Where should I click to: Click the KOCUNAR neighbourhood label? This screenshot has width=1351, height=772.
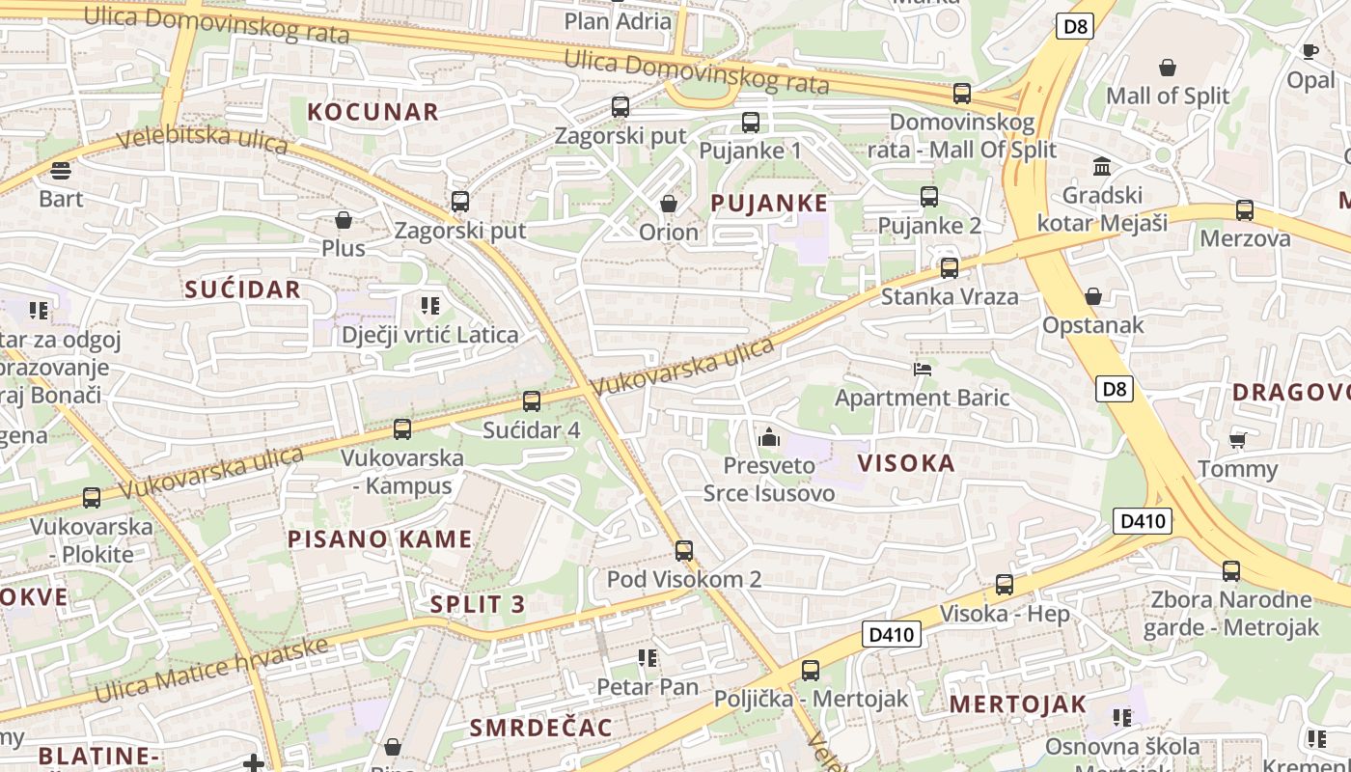372,111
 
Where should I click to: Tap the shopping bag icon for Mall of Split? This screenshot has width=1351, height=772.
1168,68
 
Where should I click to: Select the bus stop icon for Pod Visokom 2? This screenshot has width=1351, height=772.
684,551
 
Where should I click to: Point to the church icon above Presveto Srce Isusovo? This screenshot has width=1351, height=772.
769,437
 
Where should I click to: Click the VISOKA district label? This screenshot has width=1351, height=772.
906,463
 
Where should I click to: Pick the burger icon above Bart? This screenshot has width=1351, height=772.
61,171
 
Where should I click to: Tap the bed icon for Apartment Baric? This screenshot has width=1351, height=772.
923,369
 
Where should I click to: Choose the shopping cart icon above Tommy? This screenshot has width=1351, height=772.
1237,441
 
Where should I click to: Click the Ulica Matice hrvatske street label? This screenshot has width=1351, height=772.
212,669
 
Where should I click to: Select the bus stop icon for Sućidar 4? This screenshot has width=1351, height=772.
532,401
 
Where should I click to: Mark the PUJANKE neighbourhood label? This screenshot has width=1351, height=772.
769,203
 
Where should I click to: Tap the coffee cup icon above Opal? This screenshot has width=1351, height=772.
1310,51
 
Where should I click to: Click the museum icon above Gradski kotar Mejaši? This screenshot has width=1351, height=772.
1102,166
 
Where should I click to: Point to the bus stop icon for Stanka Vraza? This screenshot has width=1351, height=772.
950,268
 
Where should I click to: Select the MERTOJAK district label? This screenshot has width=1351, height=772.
1017,704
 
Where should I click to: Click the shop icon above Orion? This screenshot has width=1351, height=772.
668,204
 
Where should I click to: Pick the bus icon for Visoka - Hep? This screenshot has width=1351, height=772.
1005,585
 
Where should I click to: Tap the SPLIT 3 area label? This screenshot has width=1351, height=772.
478,605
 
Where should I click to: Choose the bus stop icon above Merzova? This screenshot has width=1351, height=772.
1245,210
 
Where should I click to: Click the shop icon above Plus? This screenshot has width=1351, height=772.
344,220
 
